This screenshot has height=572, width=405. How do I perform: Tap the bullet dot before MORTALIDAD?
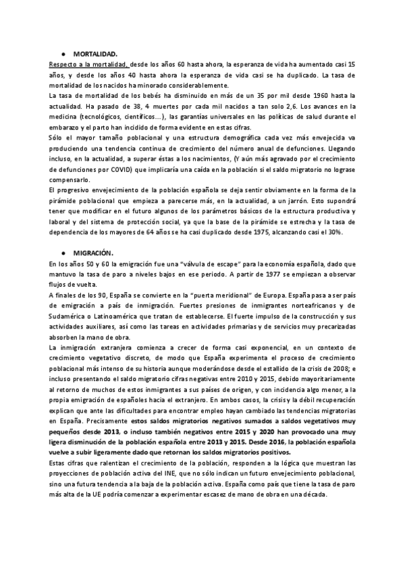62,53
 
